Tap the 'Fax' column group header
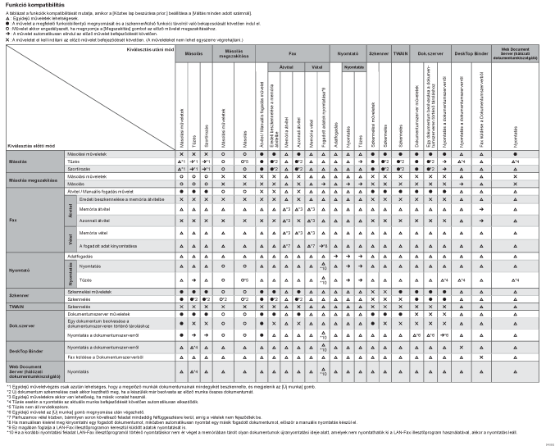coord(290,51)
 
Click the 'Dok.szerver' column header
coord(431,51)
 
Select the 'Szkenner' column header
coord(379,51)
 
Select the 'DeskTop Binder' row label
coord(25,352)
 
